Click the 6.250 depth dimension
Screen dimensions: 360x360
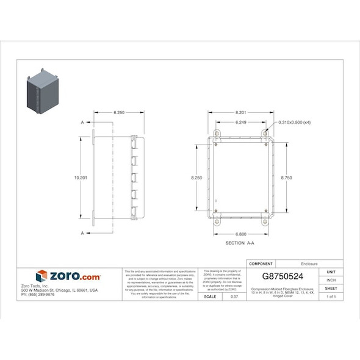[119, 113]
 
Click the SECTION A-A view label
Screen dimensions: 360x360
[240, 243]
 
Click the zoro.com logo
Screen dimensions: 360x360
[68, 276]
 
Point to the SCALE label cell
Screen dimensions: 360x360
[210, 297]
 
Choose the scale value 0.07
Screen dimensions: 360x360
[234, 297]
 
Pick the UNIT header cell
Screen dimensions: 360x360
[331, 272]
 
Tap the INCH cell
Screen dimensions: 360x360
[331, 279]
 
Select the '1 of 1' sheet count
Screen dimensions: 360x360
[331, 297]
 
